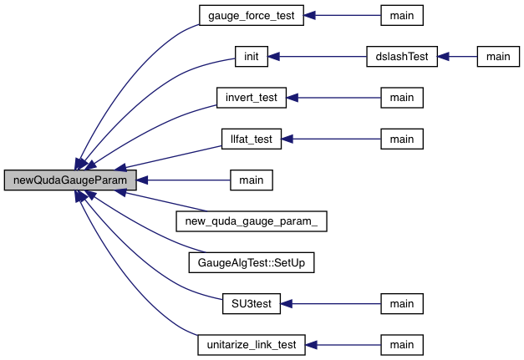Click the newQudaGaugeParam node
(70, 180)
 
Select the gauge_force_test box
(251, 16)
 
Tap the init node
(251, 57)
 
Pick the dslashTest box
(403, 57)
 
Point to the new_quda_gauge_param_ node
(251, 221)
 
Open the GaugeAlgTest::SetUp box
(251, 261)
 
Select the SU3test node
(251, 302)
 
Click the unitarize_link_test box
(251, 343)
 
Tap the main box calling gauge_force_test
(402, 16)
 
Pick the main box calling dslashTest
(498, 57)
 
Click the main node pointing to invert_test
(402, 98)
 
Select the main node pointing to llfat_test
(402, 139)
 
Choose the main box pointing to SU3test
(402, 302)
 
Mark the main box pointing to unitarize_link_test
(402, 343)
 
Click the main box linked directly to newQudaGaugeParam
(251, 180)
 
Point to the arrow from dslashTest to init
(318, 57)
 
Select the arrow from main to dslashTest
(458, 57)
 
